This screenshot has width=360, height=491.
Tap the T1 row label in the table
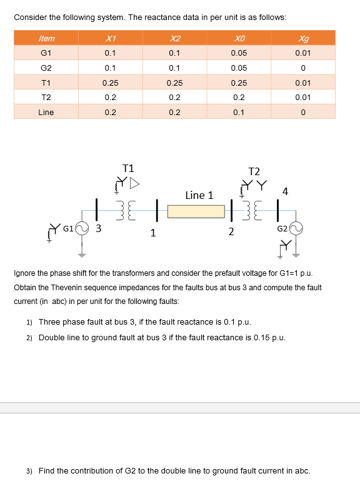(x=46, y=83)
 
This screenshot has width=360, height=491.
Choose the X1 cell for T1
(x=110, y=83)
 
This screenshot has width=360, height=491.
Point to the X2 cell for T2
(x=174, y=98)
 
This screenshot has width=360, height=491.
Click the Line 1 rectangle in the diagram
(x=195, y=211)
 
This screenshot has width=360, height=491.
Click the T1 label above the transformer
(x=128, y=168)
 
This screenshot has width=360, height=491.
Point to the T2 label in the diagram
(x=254, y=171)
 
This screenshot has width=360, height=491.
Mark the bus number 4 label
(x=285, y=191)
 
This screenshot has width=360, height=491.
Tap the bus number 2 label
(x=231, y=233)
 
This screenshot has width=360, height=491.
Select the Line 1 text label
(x=199, y=195)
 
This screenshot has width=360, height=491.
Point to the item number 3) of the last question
(x=29, y=471)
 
